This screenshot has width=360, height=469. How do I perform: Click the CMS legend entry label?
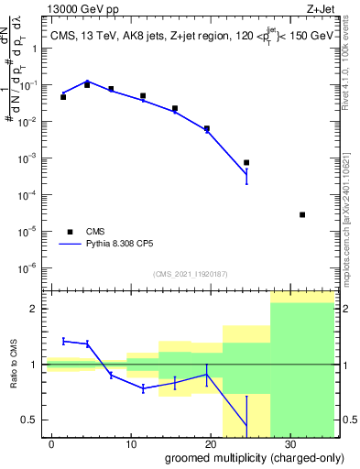(96, 231)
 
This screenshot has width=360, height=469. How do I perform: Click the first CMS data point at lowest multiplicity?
(63, 96)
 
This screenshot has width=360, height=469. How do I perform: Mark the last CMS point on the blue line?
(246, 162)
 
